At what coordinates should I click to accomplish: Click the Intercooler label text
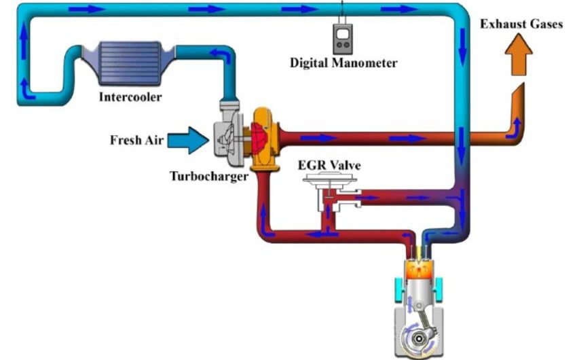(x=130, y=97)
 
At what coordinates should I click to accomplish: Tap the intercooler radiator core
(x=130, y=63)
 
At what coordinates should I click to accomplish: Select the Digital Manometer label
(x=343, y=63)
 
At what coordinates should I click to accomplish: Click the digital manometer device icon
(x=343, y=39)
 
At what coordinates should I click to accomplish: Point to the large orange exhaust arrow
(x=519, y=54)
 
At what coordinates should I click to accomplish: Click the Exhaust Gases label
(x=521, y=24)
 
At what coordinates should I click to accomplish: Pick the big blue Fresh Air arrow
(x=188, y=140)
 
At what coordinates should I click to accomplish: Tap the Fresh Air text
(x=136, y=140)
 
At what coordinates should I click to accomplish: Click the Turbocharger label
(x=209, y=177)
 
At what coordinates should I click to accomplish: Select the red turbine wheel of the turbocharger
(x=259, y=138)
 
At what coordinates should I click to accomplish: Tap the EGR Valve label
(x=329, y=165)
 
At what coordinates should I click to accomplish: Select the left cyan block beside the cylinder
(x=399, y=288)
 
